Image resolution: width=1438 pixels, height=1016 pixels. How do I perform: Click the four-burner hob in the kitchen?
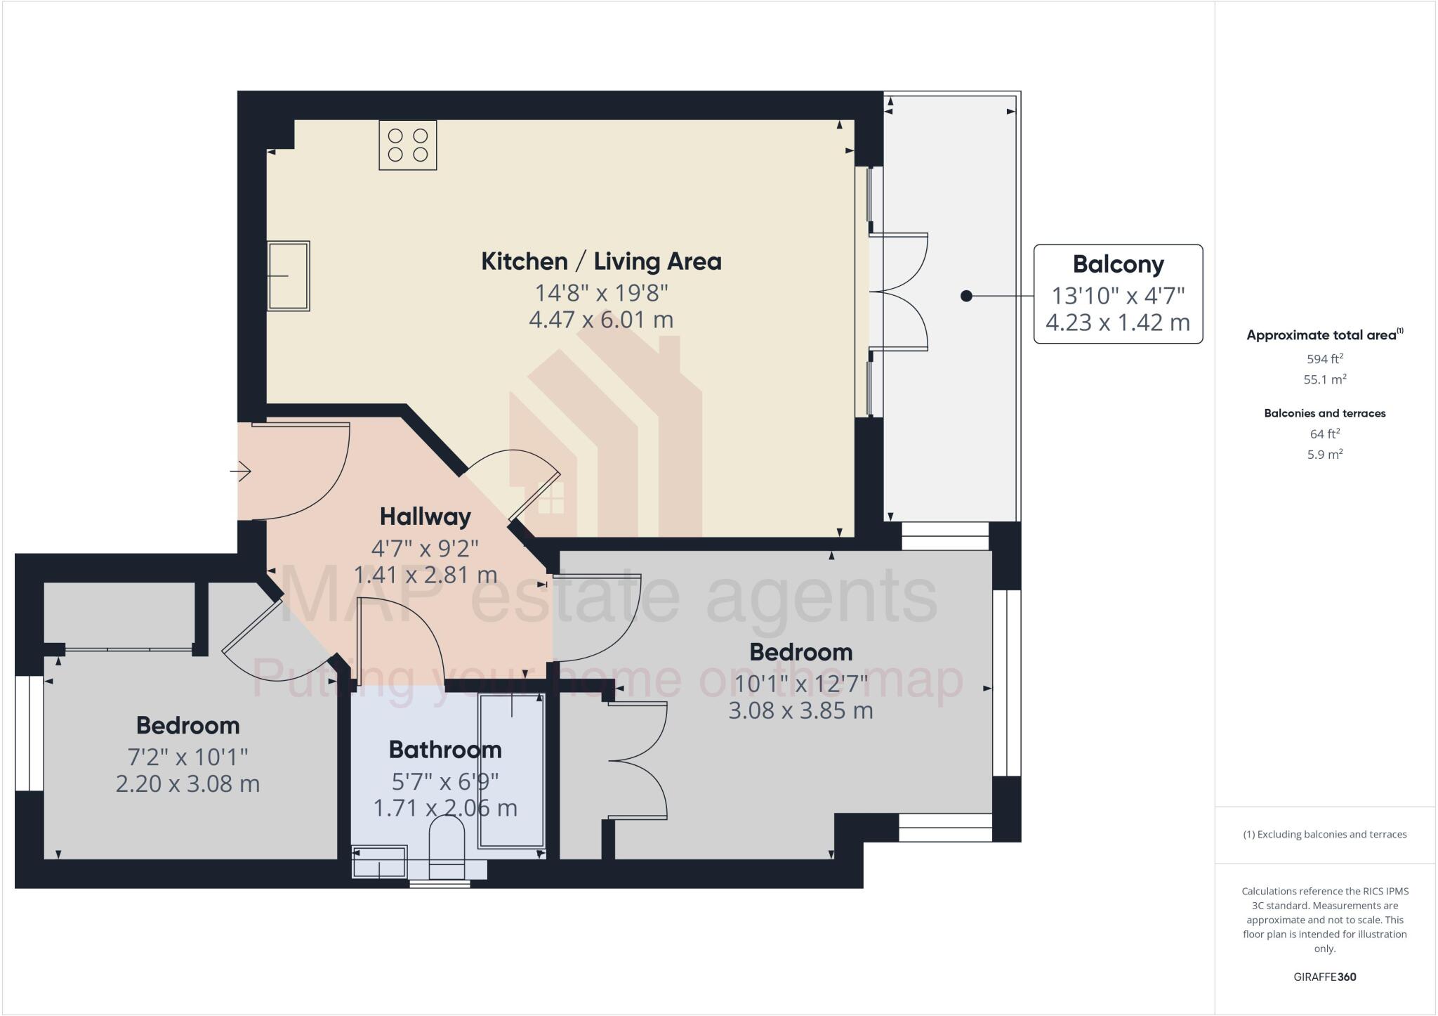[x=408, y=145]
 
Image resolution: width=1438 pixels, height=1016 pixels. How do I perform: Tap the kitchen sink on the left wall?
[x=289, y=276]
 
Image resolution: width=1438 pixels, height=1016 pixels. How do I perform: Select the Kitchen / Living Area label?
[x=601, y=261]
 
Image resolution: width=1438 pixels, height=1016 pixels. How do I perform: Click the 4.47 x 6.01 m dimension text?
[x=601, y=320]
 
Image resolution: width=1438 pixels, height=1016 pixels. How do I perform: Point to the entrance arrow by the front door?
[x=241, y=470]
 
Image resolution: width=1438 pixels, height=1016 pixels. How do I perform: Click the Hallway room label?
[x=425, y=516]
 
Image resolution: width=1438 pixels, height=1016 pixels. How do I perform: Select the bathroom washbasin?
[x=380, y=862]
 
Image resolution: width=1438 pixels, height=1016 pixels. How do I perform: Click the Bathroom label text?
[x=445, y=750]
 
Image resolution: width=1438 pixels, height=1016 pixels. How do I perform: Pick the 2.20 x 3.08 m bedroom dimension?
[x=187, y=783]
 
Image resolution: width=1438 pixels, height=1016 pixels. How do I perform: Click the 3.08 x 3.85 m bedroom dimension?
[x=800, y=710]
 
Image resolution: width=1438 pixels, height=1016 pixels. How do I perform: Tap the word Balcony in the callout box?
[x=1118, y=264]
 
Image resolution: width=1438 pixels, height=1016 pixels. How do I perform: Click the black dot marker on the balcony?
[x=966, y=297]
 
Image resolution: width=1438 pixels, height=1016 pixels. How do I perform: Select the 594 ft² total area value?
[x=1325, y=359]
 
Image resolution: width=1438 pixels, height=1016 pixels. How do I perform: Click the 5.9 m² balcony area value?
[x=1325, y=455]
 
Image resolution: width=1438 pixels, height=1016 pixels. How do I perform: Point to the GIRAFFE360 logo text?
[x=1325, y=977]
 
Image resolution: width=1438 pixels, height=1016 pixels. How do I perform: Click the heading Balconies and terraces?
[x=1325, y=413]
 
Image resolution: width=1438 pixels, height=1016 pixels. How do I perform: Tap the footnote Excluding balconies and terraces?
[x=1325, y=835]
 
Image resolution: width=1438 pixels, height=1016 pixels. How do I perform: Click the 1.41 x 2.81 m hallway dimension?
[x=425, y=575]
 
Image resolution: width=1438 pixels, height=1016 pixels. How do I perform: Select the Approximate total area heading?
[x=1321, y=335]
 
